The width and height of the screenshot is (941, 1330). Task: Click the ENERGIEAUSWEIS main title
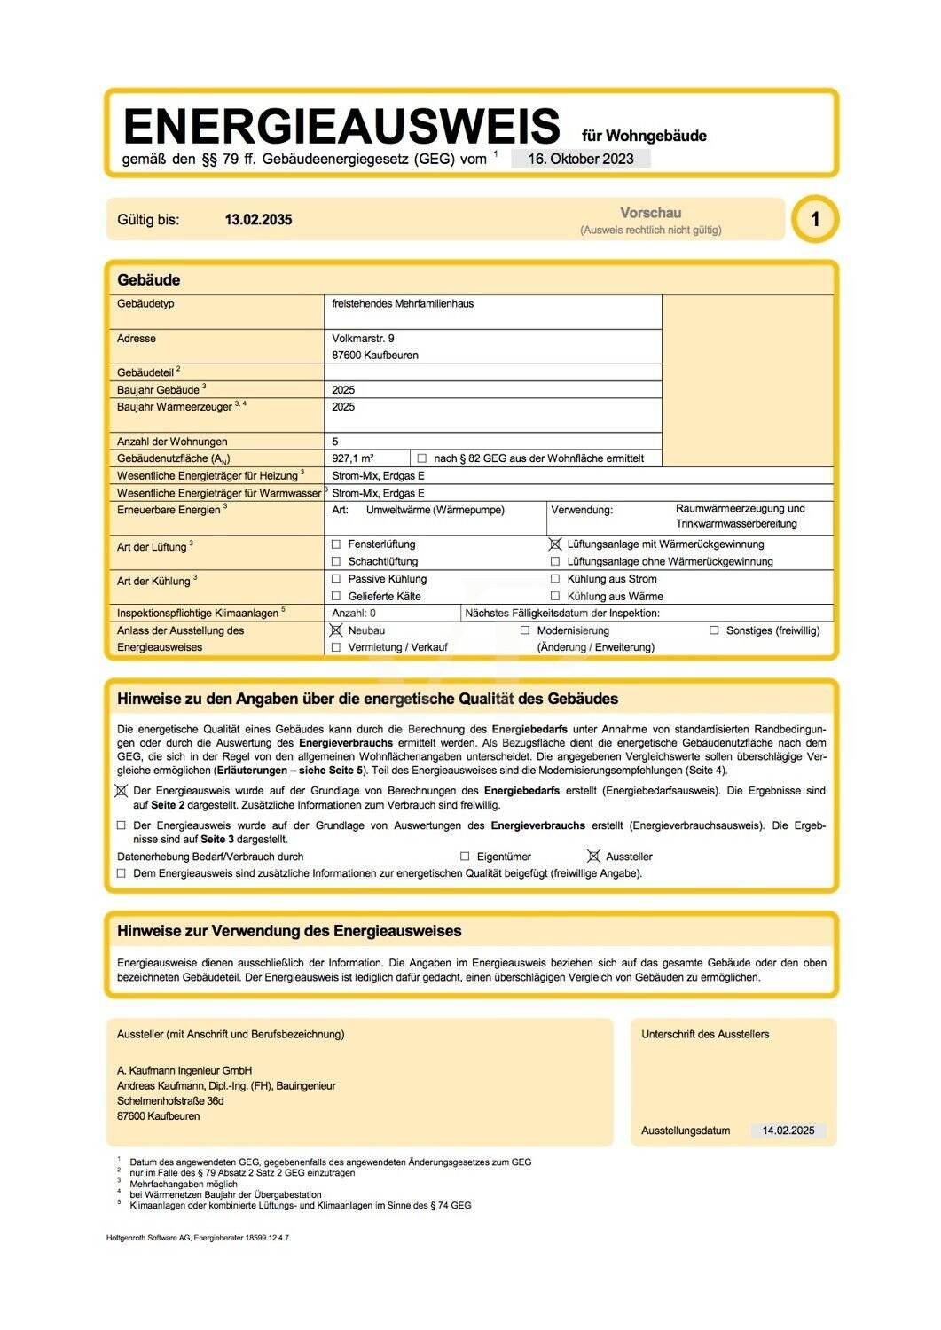click(341, 126)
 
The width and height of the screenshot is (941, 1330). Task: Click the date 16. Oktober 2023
click(581, 159)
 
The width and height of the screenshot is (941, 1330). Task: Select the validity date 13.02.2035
click(258, 220)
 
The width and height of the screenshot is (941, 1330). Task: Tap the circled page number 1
click(815, 219)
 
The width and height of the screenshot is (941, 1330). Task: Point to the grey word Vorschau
click(650, 213)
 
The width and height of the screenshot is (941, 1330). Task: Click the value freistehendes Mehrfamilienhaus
click(403, 303)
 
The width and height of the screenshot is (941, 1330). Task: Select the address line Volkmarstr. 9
click(364, 338)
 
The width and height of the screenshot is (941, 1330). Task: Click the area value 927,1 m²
click(353, 458)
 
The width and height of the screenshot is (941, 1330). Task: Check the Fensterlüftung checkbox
click(336, 544)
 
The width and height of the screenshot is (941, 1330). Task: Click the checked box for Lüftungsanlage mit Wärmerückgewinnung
click(555, 544)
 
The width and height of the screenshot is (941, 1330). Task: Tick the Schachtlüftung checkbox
click(336, 561)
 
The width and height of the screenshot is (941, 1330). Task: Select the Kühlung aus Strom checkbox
click(555, 579)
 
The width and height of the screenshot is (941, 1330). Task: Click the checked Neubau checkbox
click(336, 630)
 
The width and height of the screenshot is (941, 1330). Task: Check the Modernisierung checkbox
click(525, 630)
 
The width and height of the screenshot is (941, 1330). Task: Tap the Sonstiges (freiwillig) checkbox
click(714, 630)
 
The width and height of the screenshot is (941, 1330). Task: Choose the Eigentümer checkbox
click(465, 857)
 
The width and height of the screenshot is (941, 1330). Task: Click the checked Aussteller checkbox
click(593, 857)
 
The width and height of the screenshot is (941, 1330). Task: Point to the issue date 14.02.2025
click(788, 1130)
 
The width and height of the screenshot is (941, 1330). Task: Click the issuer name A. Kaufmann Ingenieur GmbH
click(184, 1070)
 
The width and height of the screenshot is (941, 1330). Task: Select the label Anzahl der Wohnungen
click(172, 442)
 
